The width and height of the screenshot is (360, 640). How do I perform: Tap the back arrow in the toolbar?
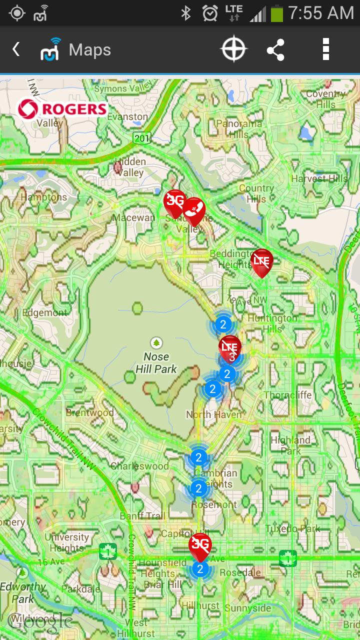(16, 49)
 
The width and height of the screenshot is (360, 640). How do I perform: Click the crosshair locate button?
(233, 49)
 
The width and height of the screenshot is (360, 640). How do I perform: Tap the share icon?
(275, 49)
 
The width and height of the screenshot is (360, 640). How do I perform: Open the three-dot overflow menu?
(326, 49)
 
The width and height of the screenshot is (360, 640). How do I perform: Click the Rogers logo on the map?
(62, 109)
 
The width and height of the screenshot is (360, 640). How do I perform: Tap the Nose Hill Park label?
(156, 363)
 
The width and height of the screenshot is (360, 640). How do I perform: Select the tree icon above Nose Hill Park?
(157, 342)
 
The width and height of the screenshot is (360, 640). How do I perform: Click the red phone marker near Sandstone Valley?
(194, 210)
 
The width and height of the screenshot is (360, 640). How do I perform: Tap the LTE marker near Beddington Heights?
(261, 261)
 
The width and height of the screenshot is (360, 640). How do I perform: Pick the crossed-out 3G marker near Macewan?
(174, 202)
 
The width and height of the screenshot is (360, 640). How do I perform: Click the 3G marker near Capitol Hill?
(200, 545)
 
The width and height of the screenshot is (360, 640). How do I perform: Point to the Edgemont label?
(44, 313)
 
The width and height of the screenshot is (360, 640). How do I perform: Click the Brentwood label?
(90, 413)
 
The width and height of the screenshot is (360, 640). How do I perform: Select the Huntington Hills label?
(272, 323)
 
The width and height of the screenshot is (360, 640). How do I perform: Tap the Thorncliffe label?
(287, 395)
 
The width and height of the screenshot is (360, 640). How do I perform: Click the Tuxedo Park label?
(293, 528)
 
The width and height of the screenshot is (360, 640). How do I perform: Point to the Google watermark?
(40, 621)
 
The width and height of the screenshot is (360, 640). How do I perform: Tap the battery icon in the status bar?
(276, 13)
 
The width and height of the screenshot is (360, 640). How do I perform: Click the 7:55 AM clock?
(321, 13)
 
